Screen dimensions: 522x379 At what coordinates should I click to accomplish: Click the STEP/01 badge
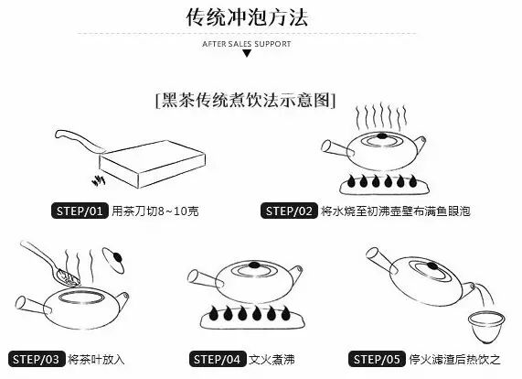(x=80, y=211)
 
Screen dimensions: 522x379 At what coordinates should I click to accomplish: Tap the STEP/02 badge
(x=289, y=211)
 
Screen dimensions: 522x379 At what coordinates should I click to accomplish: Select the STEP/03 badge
(x=37, y=359)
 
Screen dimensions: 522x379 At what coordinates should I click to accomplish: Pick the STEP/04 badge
(x=218, y=359)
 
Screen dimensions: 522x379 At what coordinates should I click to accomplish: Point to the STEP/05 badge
(x=378, y=359)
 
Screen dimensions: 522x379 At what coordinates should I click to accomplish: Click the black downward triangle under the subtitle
(x=247, y=53)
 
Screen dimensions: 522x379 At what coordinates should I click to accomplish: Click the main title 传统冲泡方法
(x=247, y=17)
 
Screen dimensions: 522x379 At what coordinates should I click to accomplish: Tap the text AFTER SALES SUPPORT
(x=247, y=44)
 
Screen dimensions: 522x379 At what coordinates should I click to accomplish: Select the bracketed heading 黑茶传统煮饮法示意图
(x=245, y=100)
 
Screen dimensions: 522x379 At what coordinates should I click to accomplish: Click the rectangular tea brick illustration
(x=153, y=163)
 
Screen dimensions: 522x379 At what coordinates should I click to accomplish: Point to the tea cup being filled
(x=486, y=327)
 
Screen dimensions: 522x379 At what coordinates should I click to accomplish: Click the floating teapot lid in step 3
(x=114, y=260)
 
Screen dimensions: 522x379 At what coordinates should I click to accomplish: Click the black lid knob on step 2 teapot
(x=381, y=135)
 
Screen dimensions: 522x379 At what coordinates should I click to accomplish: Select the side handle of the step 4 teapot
(x=206, y=279)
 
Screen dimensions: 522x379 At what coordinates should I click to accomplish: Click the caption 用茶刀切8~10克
(x=155, y=211)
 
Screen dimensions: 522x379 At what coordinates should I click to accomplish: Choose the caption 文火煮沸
(x=272, y=360)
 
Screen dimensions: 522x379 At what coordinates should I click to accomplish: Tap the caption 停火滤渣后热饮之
(x=454, y=360)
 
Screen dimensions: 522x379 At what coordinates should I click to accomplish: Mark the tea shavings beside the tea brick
(x=99, y=180)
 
